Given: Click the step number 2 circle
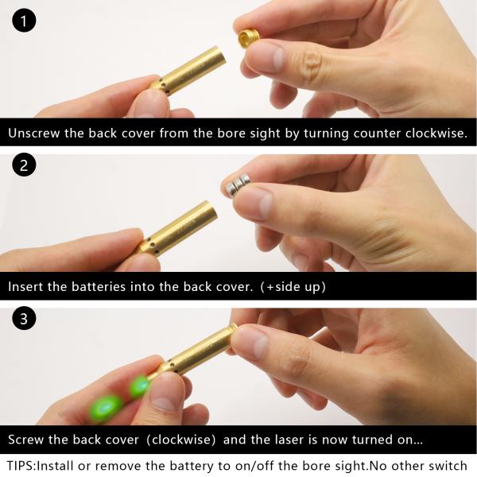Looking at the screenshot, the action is [24, 165].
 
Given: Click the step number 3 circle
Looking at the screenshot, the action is [24, 318].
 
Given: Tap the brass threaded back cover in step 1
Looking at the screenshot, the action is [249, 37].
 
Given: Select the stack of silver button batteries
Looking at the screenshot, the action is [236, 184].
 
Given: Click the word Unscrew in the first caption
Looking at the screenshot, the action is [33, 134].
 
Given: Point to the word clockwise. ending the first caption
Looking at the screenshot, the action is [436, 134].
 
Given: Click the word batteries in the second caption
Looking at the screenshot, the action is [99, 287].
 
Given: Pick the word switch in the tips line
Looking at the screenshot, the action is [448, 466].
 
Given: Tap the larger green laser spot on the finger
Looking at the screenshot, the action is [105, 408].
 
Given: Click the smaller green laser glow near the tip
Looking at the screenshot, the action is [140, 386].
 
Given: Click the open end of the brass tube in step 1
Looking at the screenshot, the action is [221, 55].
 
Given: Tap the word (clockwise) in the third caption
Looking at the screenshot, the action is [181, 440].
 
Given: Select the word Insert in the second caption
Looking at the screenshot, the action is [25, 287].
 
